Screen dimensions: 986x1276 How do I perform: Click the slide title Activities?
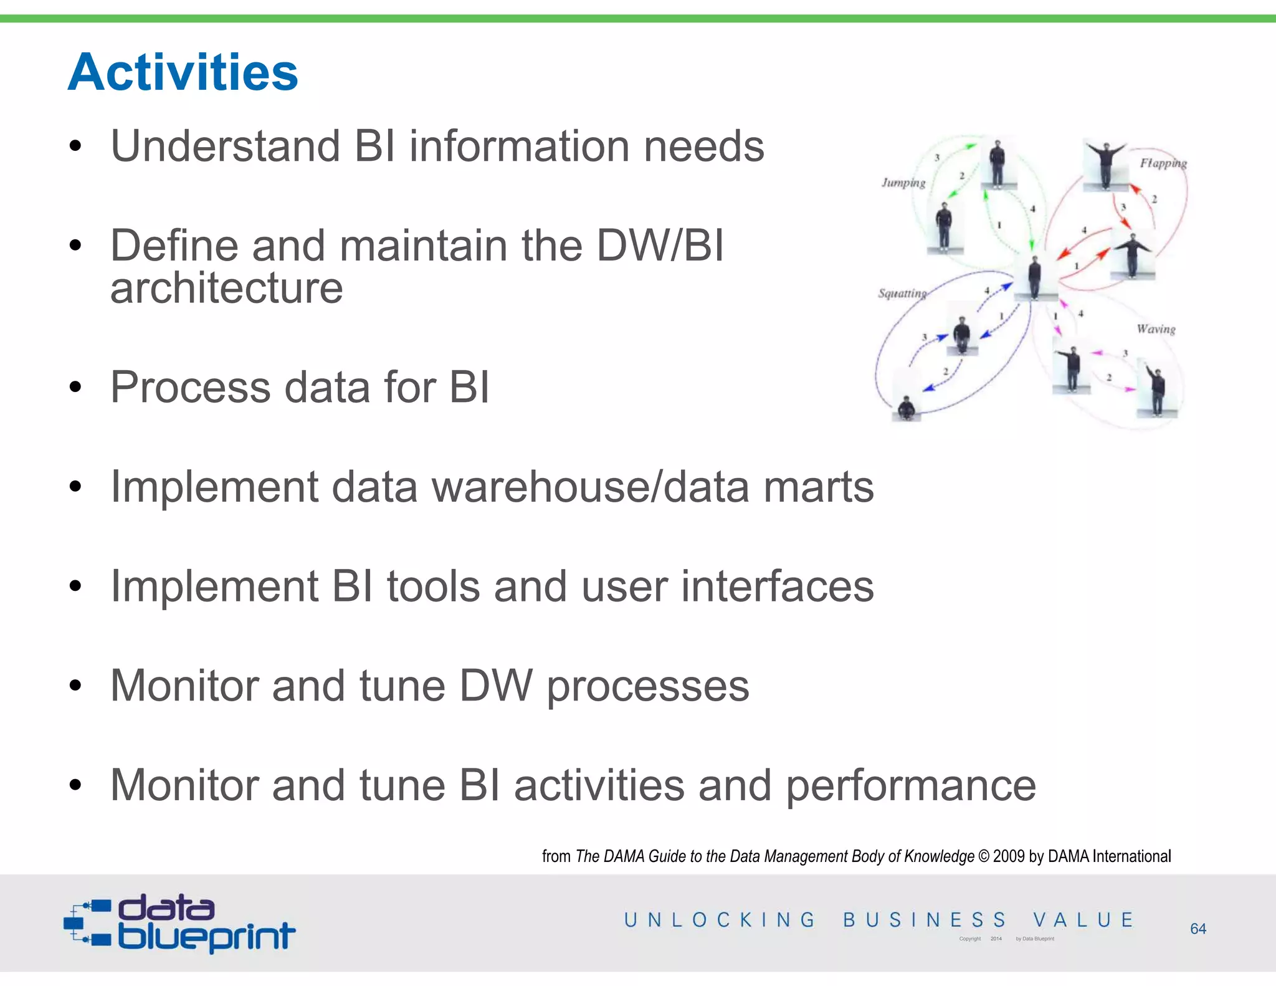(x=183, y=72)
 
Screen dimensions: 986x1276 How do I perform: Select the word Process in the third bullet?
(x=190, y=387)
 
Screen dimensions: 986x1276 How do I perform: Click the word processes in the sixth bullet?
(x=648, y=686)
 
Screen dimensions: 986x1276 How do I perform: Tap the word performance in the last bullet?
(x=910, y=785)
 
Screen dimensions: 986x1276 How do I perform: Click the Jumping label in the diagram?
(x=903, y=183)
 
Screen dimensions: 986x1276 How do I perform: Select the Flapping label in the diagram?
(x=1163, y=163)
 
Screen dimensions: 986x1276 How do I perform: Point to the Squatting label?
(x=902, y=294)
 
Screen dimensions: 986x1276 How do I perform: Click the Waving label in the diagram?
(x=1155, y=329)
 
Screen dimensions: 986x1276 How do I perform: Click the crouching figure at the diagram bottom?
(x=906, y=408)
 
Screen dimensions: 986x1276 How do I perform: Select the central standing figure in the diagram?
(x=1034, y=278)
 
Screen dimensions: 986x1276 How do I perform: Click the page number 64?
(x=1197, y=929)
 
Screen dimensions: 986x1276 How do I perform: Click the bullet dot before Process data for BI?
(x=75, y=388)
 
